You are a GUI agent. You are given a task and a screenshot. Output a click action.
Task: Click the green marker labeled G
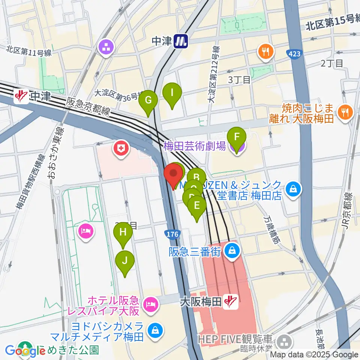[x=148, y=100]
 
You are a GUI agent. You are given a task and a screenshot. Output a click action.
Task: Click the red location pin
[x=174, y=174]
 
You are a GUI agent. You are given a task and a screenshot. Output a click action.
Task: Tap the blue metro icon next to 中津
[x=181, y=41]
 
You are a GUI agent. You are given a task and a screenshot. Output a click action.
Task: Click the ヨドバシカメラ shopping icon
[x=154, y=330]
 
